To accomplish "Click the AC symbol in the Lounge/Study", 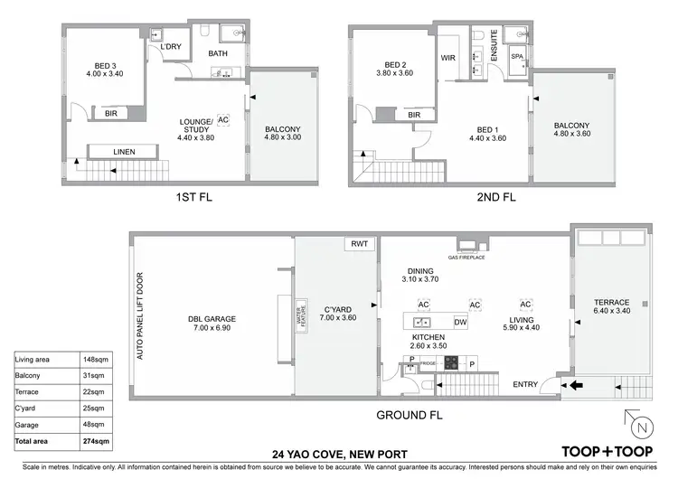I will [x=223, y=118].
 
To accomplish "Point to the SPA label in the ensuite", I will [x=517, y=56].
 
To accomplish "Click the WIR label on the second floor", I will [x=448, y=57].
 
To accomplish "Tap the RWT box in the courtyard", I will [x=356, y=244].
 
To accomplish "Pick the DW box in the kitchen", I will [x=460, y=322].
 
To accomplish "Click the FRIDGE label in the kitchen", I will [x=428, y=362].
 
